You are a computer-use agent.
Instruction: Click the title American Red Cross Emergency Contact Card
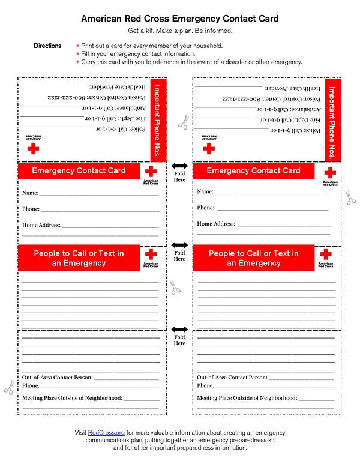coord(180,19)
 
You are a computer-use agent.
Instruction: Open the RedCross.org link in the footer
coord(106,432)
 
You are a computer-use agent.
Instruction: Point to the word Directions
coord(49,46)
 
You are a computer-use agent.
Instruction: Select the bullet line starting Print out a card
coord(147,46)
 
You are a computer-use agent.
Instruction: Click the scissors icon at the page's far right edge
coord(350,197)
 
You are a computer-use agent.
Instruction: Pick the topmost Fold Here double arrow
coord(179,166)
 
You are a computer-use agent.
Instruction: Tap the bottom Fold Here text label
coord(179,341)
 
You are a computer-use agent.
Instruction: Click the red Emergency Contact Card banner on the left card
coord(79,170)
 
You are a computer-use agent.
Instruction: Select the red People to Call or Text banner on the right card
coord(253,258)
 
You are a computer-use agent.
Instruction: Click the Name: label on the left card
coord(31,193)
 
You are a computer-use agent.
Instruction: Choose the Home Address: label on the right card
coord(217,224)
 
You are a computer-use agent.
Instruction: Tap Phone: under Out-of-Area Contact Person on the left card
coord(31,385)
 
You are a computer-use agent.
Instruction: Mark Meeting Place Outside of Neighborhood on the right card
coord(247,398)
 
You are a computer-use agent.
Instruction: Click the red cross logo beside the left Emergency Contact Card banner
coord(151,172)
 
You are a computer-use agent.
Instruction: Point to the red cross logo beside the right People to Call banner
coord(326,255)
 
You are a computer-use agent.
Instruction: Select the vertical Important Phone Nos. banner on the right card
coord(333,120)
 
